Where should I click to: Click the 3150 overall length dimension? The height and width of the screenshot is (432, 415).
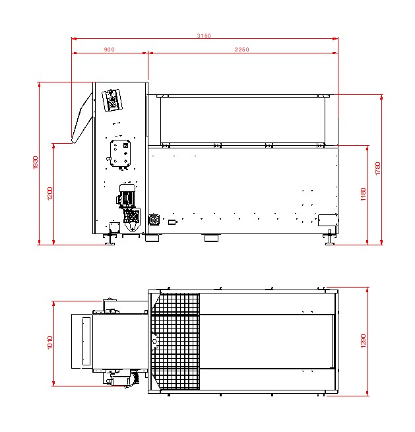pyautogui.click(x=204, y=36)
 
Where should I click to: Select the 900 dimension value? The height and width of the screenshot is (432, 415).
pyautogui.click(x=109, y=49)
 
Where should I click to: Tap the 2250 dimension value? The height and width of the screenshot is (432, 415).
pyautogui.click(x=241, y=49)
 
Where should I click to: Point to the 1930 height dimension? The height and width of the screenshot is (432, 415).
pyautogui.click(x=35, y=162)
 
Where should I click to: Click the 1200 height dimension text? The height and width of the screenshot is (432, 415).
pyautogui.click(x=50, y=194)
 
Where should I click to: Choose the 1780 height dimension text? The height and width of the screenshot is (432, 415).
pyautogui.click(x=378, y=168)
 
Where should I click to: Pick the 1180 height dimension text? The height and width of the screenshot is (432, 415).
pyautogui.click(x=364, y=194)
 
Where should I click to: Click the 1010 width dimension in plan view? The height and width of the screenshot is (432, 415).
pyautogui.click(x=50, y=342)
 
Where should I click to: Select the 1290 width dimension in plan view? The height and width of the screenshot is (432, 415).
pyautogui.click(x=364, y=341)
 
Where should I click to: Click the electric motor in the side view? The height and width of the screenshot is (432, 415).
pyautogui.click(x=127, y=195)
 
